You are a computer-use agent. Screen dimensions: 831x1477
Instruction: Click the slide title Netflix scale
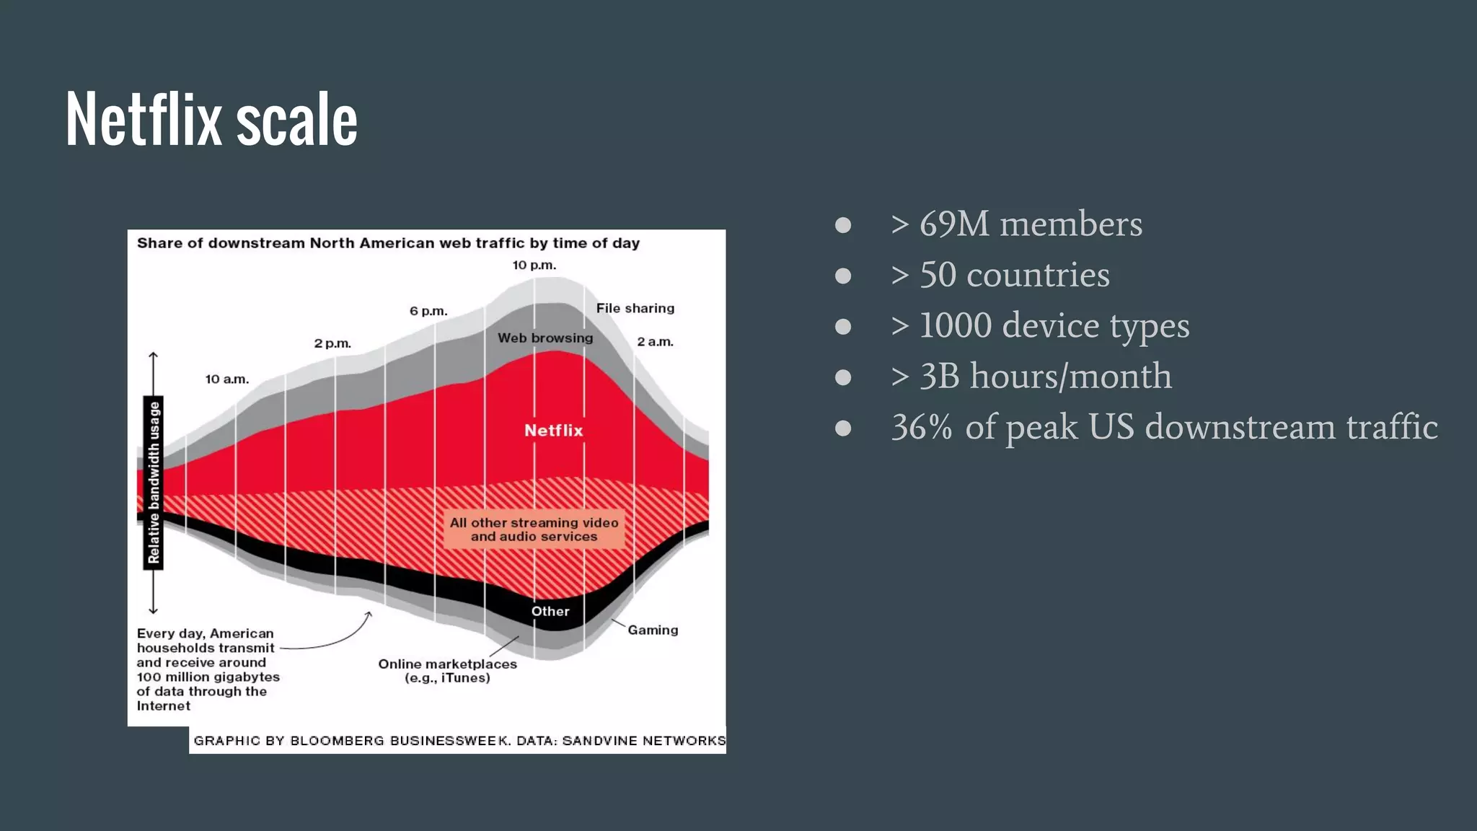click(211, 120)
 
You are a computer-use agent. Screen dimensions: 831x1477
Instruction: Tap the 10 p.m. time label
click(534, 265)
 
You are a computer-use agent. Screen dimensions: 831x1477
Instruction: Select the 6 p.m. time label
click(428, 311)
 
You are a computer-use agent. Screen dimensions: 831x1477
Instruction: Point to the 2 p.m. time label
click(332, 343)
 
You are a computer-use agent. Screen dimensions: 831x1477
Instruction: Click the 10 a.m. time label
click(226, 379)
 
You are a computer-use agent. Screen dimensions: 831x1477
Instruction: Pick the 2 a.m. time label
click(655, 342)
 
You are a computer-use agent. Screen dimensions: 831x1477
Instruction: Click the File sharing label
click(635, 308)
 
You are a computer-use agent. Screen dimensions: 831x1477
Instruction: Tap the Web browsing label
click(545, 338)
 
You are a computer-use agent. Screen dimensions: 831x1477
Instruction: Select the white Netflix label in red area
click(553, 431)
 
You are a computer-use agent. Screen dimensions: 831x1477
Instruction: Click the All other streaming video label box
click(534, 529)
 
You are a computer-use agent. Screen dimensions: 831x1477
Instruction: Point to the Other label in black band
click(550, 612)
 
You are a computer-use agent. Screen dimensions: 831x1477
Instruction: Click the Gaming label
click(653, 630)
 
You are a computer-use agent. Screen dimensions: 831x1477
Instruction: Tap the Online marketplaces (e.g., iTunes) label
click(447, 671)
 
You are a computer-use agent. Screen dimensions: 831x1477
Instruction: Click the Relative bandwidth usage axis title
click(154, 483)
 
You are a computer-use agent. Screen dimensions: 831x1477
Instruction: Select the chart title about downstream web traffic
click(388, 243)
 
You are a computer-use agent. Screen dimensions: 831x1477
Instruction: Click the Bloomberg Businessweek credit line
click(459, 741)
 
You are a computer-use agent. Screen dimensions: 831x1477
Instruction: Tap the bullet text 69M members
click(1030, 224)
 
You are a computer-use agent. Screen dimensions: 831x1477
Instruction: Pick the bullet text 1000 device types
click(1053, 325)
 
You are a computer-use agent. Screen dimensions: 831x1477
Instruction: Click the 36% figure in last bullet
click(922, 427)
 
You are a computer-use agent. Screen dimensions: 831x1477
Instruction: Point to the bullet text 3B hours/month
click(1045, 377)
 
